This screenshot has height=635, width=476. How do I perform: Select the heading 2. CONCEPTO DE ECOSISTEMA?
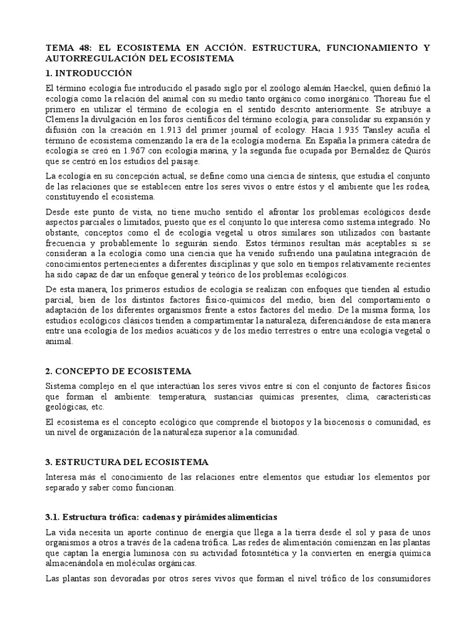pos(119,371)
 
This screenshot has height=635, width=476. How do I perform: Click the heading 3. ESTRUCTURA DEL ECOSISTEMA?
pos(127,463)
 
